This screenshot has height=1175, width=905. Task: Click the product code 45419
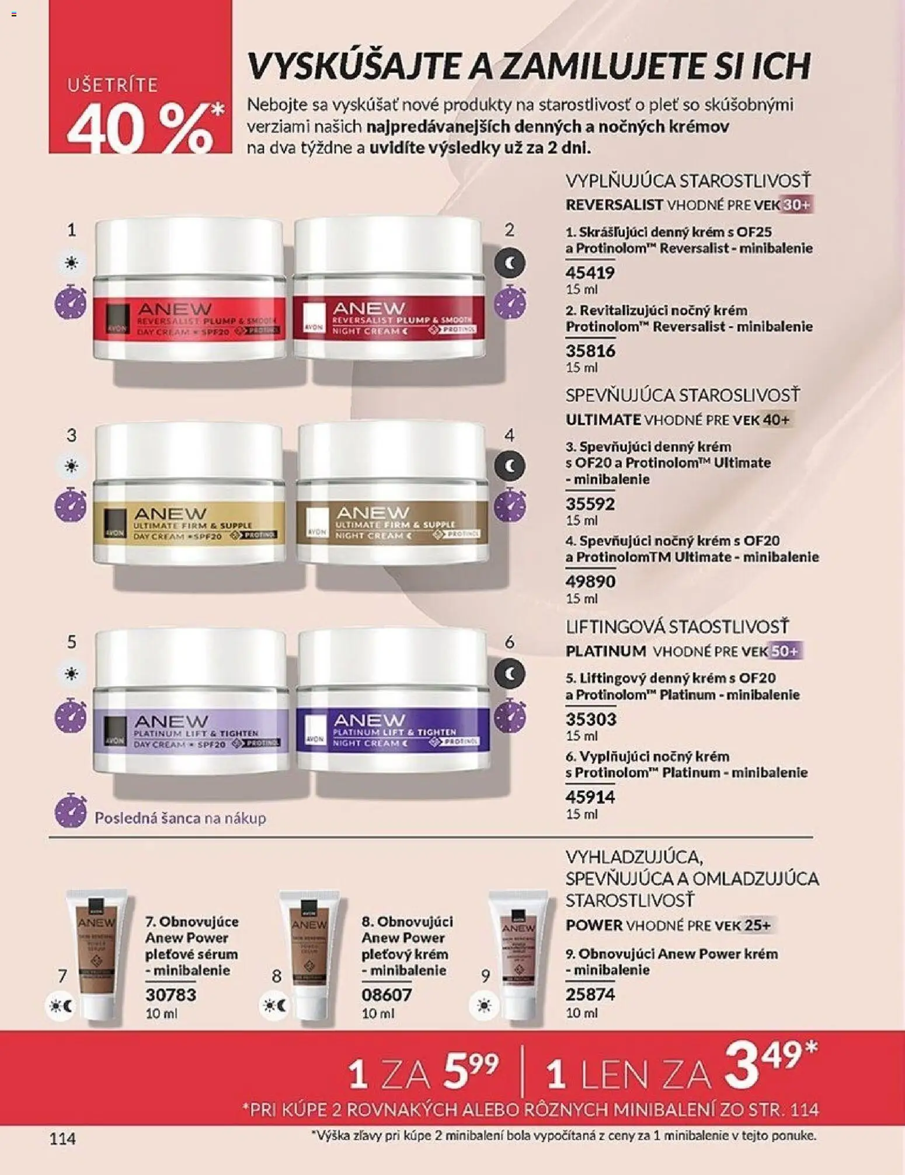tap(590, 273)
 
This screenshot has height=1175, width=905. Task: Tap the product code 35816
tap(590, 351)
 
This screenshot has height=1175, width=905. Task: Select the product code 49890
tap(590, 581)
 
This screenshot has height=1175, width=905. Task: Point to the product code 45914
tap(590, 797)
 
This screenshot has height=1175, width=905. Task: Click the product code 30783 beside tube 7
tap(170, 995)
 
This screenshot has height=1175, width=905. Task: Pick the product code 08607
tap(387, 995)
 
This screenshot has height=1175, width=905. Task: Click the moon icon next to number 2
tap(510, 263)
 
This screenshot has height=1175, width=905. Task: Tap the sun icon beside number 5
tap(71, 674)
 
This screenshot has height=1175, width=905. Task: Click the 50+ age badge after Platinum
tap(785, 651)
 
